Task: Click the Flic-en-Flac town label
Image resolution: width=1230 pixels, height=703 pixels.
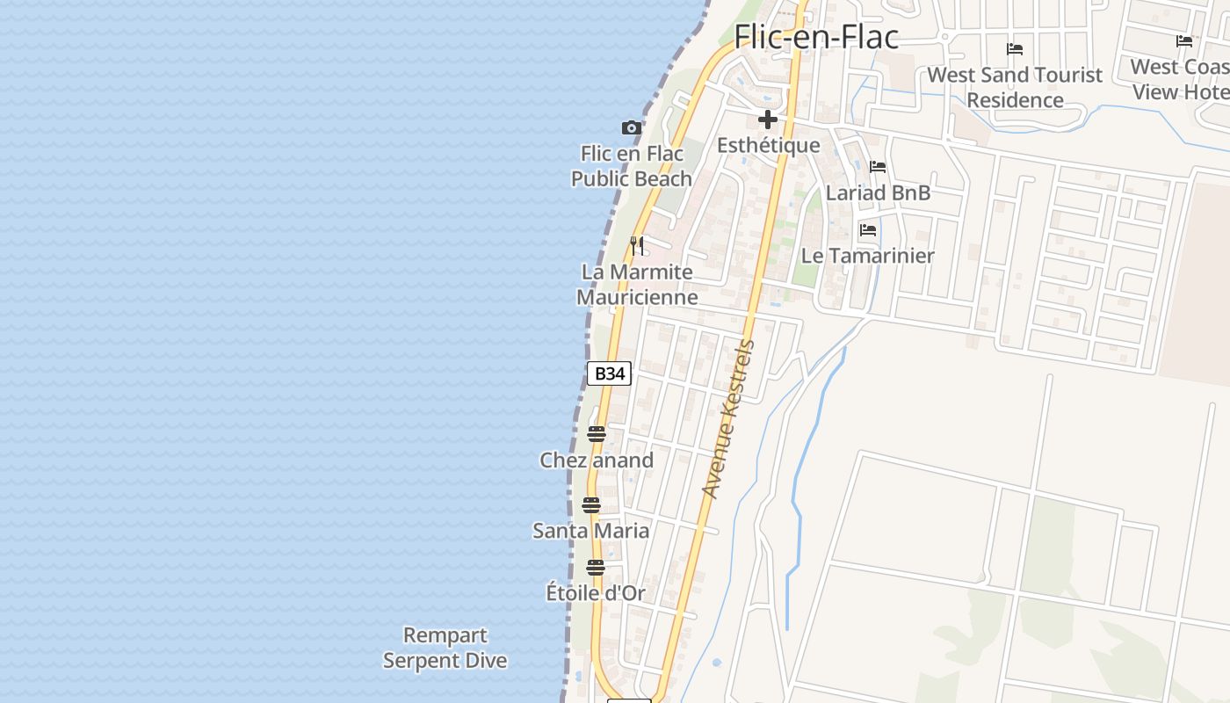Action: pyautogui.click(x=816, y=36)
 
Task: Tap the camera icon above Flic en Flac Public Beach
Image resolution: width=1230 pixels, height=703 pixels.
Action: pyautogui.click(x=631, y=128)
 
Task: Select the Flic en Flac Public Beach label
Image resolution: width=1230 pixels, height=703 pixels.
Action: pyautogui.click(x=632, y=166)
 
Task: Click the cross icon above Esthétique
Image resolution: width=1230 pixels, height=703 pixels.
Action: pyautogui.click(x=768, y=120)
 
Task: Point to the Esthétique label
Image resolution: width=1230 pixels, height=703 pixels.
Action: pyautogui.click(x=768, y=145)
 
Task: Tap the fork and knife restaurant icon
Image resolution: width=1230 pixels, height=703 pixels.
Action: pyautogui.click(x=637, y=245)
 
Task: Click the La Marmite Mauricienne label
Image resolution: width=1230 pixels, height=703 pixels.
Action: pyautogui.click(x=637, y=284)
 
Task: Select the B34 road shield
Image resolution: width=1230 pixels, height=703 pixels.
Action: pyautogui.click(x=609, y=373)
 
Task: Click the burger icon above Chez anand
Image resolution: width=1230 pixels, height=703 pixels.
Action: pyautogui.click(x=597, y=434)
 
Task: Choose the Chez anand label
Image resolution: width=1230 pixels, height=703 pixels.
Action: pyautogui.click(x=597, y=460)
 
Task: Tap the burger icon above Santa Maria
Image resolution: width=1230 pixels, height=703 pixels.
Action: pyautogui.click(x=591, y=505)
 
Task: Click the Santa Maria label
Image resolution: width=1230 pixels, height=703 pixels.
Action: pyautogui.click(x=591, y=531)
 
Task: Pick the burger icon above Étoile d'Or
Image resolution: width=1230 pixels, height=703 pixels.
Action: pyautogui.click(x=596, y=568)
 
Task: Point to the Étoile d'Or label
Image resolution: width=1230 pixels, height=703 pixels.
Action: pyautogui.click(x=596, y=593)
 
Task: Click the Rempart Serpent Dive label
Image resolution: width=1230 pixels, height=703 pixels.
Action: pyautogui.click(x=445, y=648)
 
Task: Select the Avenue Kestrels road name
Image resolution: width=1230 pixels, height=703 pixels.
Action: pyautogui.click(x=728, y=419)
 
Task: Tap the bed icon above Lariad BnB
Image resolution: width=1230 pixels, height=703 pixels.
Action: pyautogui.click(x=878, y=167)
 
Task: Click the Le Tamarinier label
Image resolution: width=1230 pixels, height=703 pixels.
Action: pyautogui.click(x=868, y=256)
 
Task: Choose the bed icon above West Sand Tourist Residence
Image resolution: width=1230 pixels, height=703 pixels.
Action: pyautogui.click(x=1015, y=49)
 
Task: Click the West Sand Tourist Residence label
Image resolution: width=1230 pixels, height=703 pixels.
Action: pyautogui.click(x=1015, y=87)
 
